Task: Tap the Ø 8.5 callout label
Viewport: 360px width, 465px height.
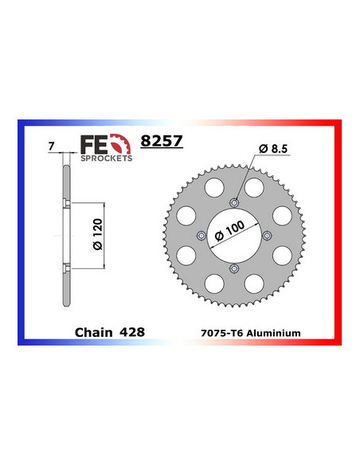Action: [273, 148]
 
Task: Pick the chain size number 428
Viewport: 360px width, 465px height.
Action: [132, 330]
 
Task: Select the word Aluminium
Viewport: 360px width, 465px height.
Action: [276, 331]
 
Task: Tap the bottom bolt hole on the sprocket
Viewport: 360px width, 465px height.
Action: [233, 270]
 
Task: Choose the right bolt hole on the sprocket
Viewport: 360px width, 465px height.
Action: [268, 235]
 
